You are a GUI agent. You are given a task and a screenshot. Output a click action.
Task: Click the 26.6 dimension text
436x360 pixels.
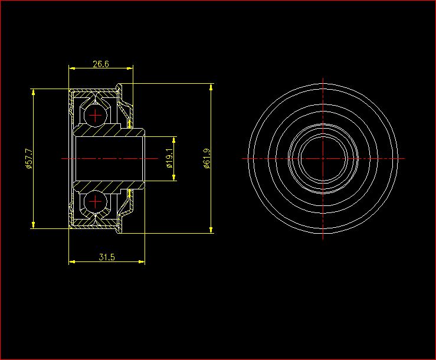point(101,64)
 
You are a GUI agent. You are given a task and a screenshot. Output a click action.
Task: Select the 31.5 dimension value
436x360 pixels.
point(107,257)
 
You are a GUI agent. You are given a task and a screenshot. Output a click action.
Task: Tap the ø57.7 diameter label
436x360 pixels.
point(29,159)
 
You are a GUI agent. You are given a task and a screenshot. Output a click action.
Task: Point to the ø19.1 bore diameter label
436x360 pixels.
point(169,158)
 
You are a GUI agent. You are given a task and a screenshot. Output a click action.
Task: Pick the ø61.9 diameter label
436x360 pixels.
point(207,158)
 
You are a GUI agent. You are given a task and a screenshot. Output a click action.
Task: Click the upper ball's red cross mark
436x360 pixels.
point(95,116)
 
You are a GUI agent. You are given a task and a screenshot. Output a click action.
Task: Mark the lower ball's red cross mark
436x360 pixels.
point(95,201)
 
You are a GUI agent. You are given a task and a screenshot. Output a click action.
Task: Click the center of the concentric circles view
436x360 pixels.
point(323,159)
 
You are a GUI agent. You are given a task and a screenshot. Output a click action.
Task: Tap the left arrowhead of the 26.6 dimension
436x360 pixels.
point(72,68)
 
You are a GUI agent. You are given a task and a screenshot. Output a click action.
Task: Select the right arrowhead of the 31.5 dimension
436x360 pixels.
point(142,261)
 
